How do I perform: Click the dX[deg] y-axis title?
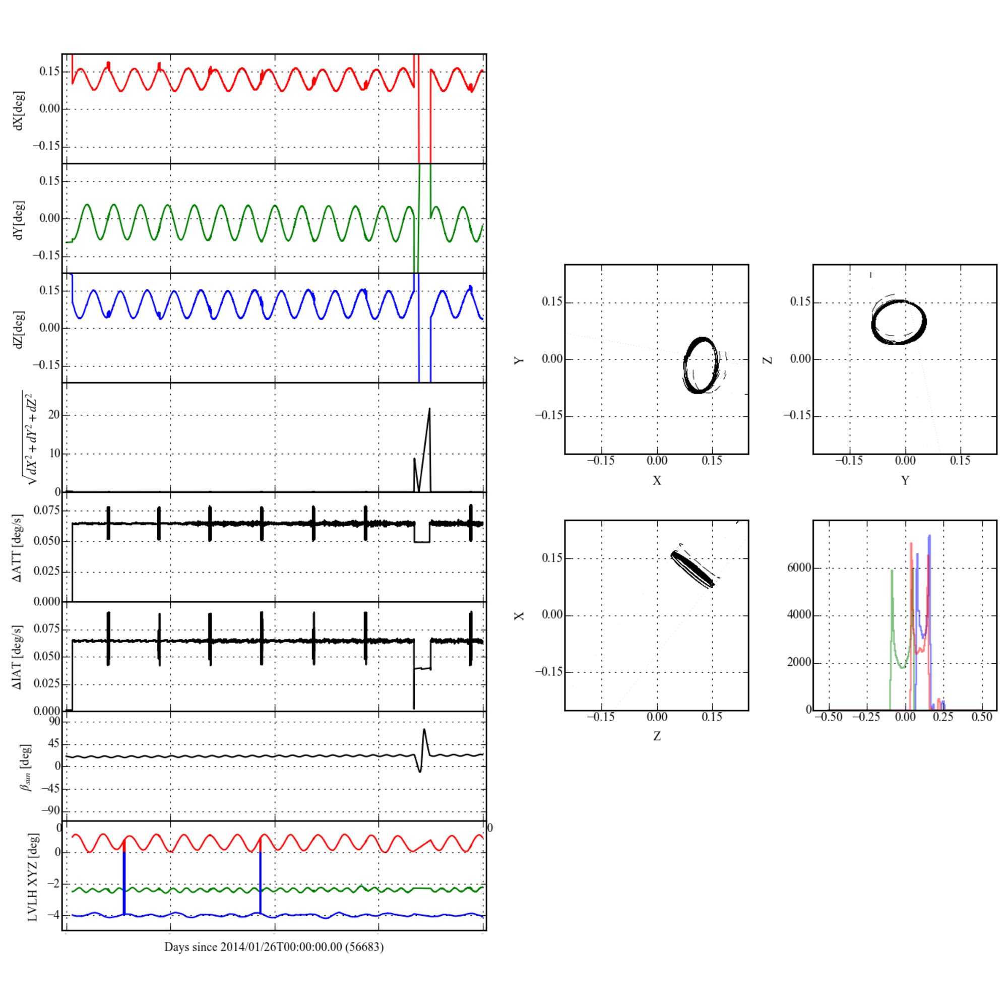tap(19, 110)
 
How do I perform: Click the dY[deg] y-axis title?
tap(19, 220)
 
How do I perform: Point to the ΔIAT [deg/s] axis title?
tap(18, 657)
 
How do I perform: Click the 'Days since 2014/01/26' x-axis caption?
tap(274, 947)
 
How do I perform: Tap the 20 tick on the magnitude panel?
tap(55, 415)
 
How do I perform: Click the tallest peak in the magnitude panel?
tap(429, 409)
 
